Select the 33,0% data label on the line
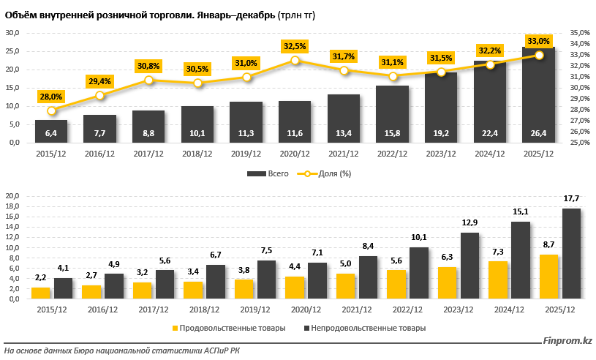[539, 41]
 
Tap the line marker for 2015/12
[51, 111]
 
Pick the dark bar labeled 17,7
[571, 253]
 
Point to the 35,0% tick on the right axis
[579, 33]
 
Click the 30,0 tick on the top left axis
[12, 33]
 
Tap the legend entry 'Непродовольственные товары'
[369, 328]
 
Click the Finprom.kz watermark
[567, 340]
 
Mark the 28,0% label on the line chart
[51, 97]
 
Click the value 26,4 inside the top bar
[539, 133]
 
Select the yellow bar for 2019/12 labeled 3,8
[244, 289]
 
